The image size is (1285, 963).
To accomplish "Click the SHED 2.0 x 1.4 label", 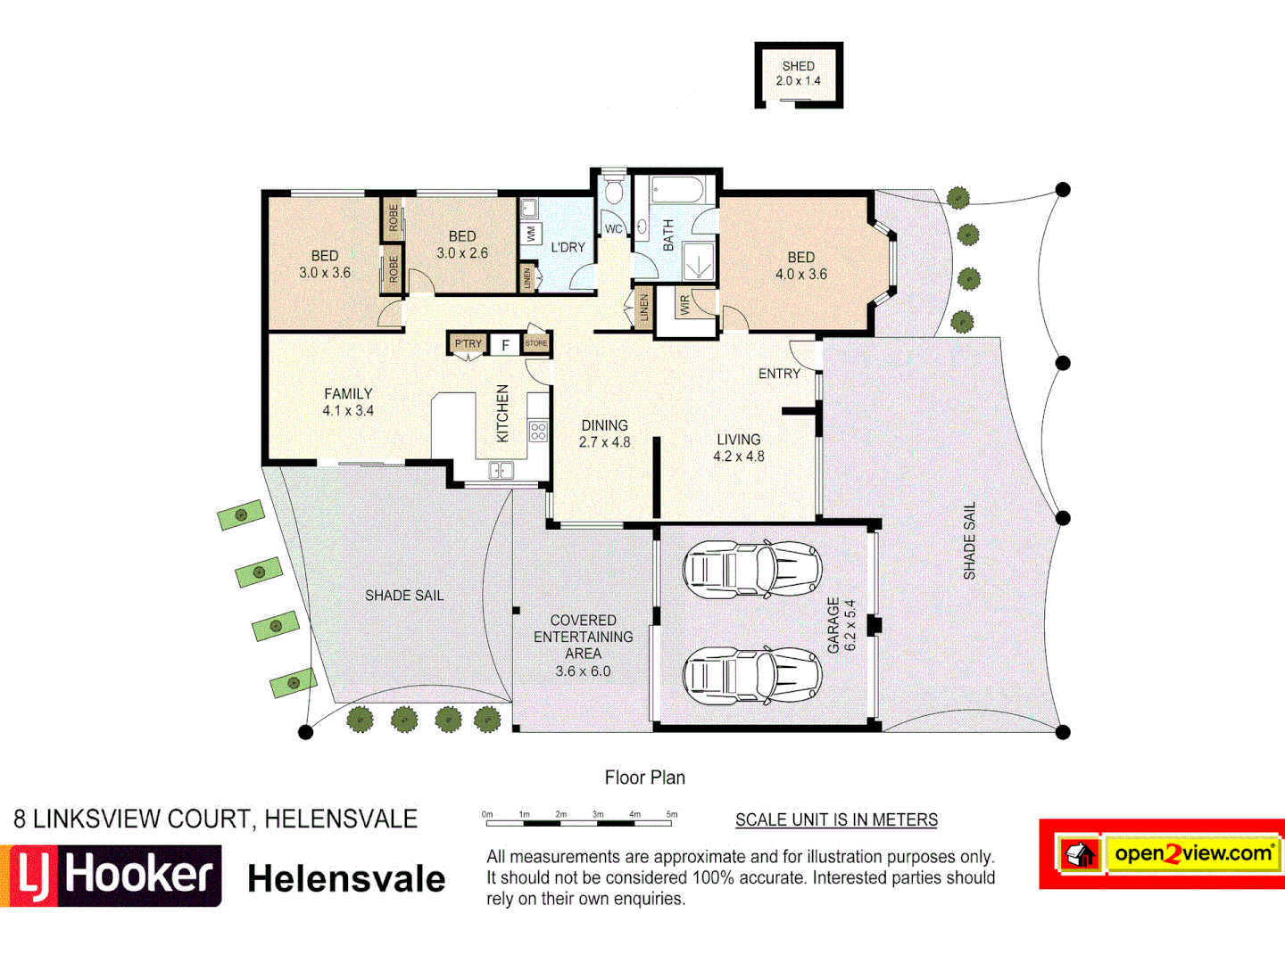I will tap(798, 73).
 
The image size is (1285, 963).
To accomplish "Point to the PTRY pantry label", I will tap(468, 343).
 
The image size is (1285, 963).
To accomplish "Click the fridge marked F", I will tap(505, 345).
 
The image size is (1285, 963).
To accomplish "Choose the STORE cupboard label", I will tap(536, 343).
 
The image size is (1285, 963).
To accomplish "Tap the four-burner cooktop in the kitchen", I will tap(537, 432).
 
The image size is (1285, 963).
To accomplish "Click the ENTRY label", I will tap(779, 374).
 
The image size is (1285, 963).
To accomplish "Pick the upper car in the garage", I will tap(752, 570).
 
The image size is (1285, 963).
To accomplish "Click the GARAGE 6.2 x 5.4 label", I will tap(841, 625).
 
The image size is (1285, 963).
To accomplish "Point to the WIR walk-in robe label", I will tap(684, 305).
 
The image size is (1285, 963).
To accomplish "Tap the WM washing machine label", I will tap(531, 235).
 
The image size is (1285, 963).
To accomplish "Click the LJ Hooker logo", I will tap(112, 876).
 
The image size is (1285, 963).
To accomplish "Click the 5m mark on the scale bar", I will tap(672, 815).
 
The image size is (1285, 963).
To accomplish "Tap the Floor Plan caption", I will tap(644, 778).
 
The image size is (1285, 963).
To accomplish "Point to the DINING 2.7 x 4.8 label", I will tap(604, 433).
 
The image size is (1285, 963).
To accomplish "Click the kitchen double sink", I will tap(501, 470).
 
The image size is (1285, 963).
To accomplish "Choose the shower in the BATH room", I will tap(698, 259).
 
